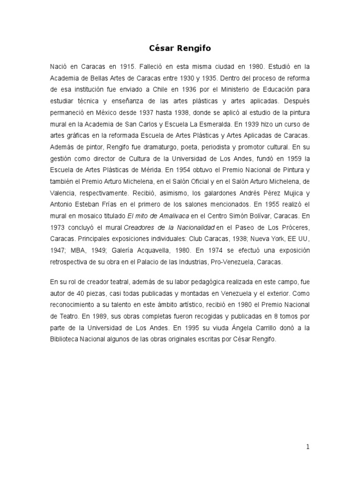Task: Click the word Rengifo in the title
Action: [x=197, y=47]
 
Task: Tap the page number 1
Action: [x=307, y=447]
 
